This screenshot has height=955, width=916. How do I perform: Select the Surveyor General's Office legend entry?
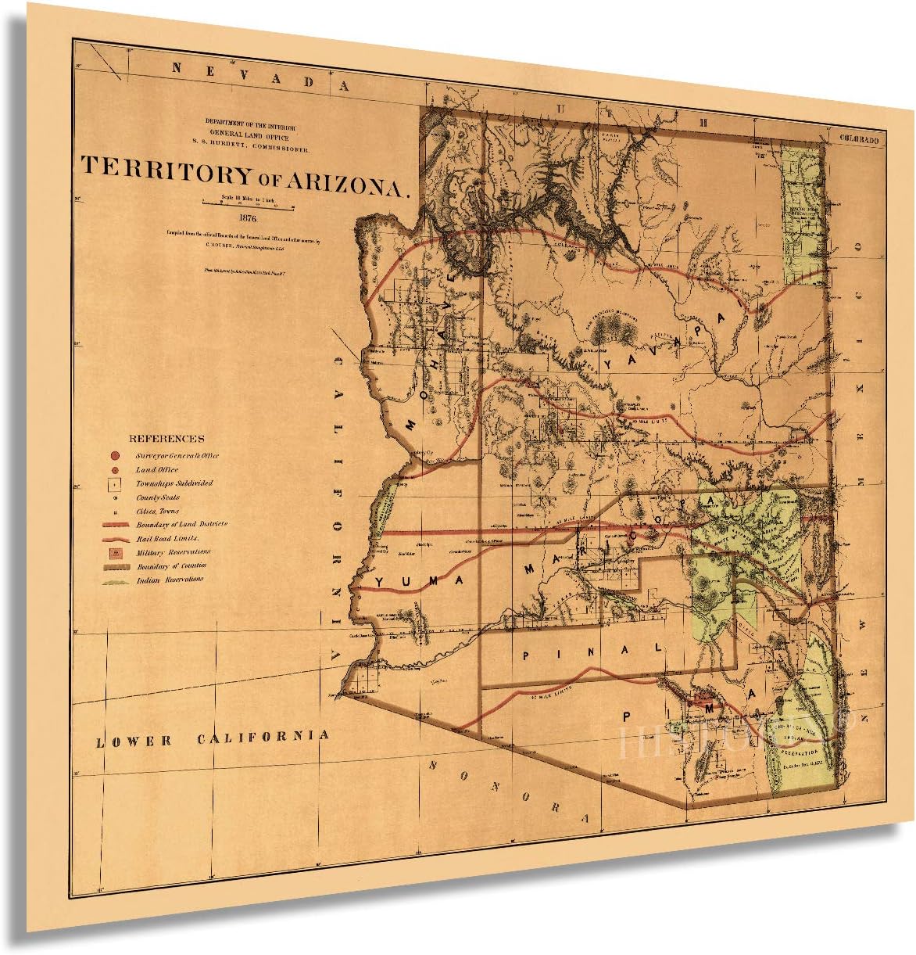pyautogui.click(x=177, y=455)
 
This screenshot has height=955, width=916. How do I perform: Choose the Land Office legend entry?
pyautogui.click(x=157, y=469)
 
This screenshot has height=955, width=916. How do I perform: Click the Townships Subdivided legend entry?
pyautogui.click(x=174, y=483)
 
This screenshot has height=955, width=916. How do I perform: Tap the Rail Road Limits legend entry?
pyautogui.click(x=167, y=539)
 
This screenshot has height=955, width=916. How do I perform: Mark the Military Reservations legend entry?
pyautogui.click(x=173, y=552)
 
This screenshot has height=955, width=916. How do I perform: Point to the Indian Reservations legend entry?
pyautogui.click(x=170, y=580)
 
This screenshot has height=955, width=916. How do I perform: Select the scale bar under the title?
pyautogui.click(x=246, y=202)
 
